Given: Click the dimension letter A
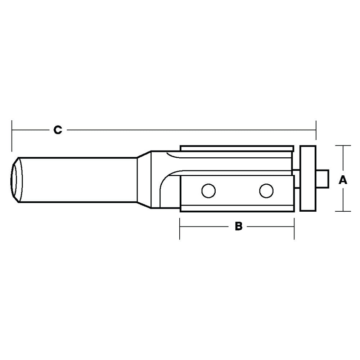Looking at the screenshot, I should (343, 180).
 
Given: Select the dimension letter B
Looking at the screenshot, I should (238, 226).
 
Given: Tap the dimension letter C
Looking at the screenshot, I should (58, 130).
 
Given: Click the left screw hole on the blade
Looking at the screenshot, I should (208, 190).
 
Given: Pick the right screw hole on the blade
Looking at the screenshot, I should (266, 190).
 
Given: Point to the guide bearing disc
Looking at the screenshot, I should (308, 178).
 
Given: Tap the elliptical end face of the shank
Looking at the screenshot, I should (15, 179).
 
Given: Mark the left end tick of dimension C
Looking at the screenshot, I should (12, 135).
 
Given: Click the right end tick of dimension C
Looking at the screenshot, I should (316, 130).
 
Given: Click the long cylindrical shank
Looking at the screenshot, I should (77, 179).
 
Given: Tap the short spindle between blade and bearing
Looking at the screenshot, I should (297, 179).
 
